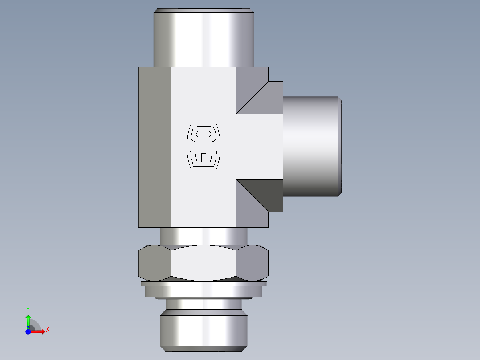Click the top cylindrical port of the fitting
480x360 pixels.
pos(203,38)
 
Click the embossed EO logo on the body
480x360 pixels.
pos(203,146)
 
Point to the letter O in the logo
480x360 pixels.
pos(203,134)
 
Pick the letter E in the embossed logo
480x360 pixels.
pos(203,158)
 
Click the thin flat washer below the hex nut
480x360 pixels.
pos(203,283)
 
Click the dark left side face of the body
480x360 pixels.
pos(155,147)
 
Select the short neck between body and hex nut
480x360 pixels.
pos(203,236)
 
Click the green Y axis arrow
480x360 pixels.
pos(28,320)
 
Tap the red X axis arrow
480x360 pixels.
pos(38,331)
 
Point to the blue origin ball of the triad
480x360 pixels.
pos(28,331)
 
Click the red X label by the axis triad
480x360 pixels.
pos(47,330)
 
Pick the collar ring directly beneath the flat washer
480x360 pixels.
pos(203,292)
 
